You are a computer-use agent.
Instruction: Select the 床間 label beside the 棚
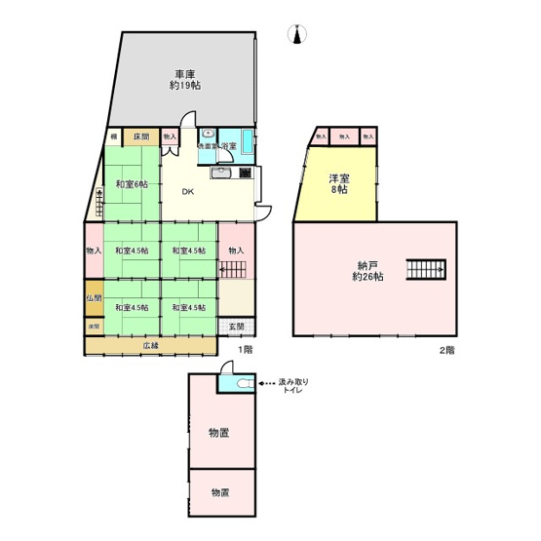[141, 137]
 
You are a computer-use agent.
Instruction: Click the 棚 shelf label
[114, 137]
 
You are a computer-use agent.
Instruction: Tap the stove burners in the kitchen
[245, 174]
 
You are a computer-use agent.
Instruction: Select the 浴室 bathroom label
[230, 146]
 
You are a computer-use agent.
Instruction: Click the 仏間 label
[93, 297]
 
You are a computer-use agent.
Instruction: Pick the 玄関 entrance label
[237, 327]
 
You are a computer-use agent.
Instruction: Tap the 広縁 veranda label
[151, 345]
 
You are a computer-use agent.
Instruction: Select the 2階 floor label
[444, 348]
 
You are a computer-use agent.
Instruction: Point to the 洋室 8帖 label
[337, 183]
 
